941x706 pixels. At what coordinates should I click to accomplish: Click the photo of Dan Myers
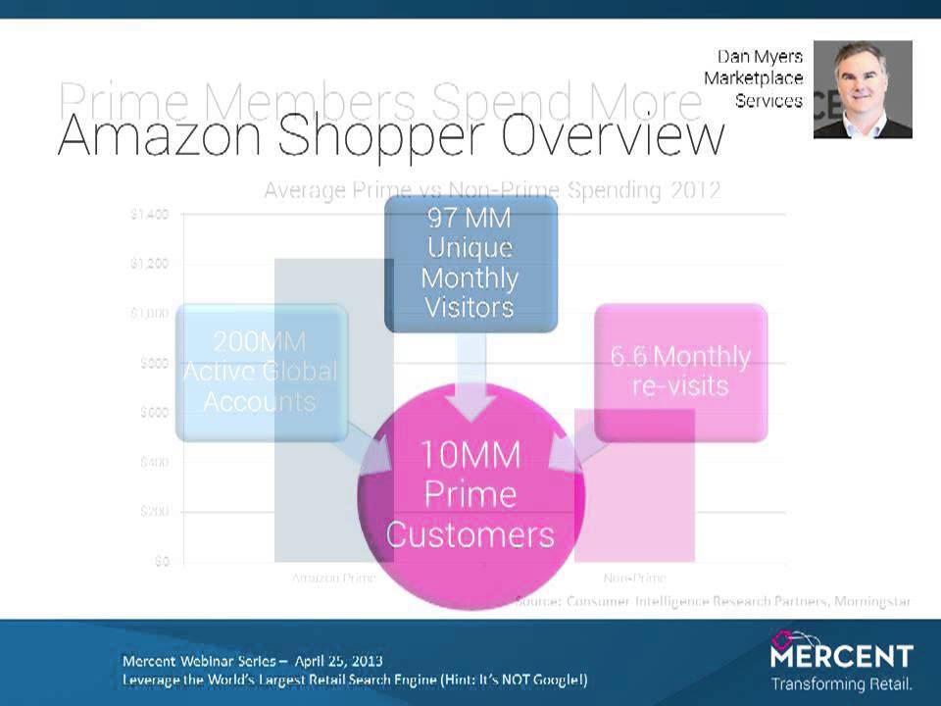[863, 88]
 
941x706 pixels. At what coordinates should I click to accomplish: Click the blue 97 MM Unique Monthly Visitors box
[470, 263]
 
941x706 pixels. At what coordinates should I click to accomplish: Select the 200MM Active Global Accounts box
[261, 372]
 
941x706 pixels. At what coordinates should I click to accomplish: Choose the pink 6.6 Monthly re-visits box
[680, 371]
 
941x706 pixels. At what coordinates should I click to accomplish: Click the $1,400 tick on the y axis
[149, 214]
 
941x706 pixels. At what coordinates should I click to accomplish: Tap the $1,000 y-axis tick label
[149, 313]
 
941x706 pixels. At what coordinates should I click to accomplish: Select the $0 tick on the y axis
[160, 562]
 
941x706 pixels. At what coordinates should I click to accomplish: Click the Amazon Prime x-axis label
[333, 578]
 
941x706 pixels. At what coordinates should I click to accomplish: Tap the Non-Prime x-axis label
[634, 578]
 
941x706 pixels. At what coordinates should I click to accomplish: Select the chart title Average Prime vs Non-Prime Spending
[492, 190]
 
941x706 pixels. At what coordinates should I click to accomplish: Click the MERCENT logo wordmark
[842, 655]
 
